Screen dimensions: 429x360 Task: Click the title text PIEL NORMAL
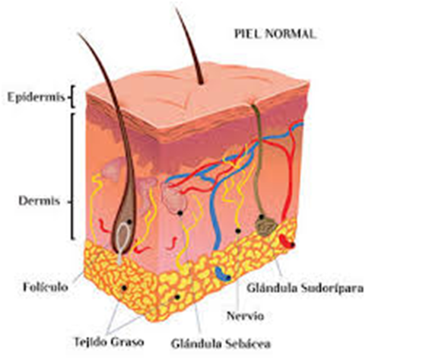click(x=275, y=34)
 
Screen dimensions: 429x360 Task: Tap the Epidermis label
click(x=36, y=97)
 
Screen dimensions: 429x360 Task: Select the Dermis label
click(x=39, y=201)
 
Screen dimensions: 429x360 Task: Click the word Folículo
click(x=45, y=287)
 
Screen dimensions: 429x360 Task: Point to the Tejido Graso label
click(x=109, y=342)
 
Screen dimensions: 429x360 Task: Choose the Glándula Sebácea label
click(x=221, y=343)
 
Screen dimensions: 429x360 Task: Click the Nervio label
click(x=245, y=316)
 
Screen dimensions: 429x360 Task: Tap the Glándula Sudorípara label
click(x=305, y=288)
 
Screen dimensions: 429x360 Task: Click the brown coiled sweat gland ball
click(x=266, y=225)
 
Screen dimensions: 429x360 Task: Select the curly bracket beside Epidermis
click(x=71, y=97)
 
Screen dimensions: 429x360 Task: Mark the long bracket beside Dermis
click(x=73, y=176)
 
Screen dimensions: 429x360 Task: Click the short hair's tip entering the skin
click(x=202, y=82)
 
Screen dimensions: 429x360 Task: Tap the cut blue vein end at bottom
click(x=222, y=275)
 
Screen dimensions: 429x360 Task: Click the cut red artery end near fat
click(x=287, y=241)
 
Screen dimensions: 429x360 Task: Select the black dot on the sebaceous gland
click(x=180, y=212)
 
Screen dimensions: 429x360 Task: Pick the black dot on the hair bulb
click(x=129, y=222)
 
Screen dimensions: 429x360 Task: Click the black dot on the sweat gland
click(x=262, y=217)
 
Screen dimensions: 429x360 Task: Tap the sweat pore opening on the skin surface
click(x=255, y=104)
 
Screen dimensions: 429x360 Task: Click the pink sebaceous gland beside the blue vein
click(x=174, y=198)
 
